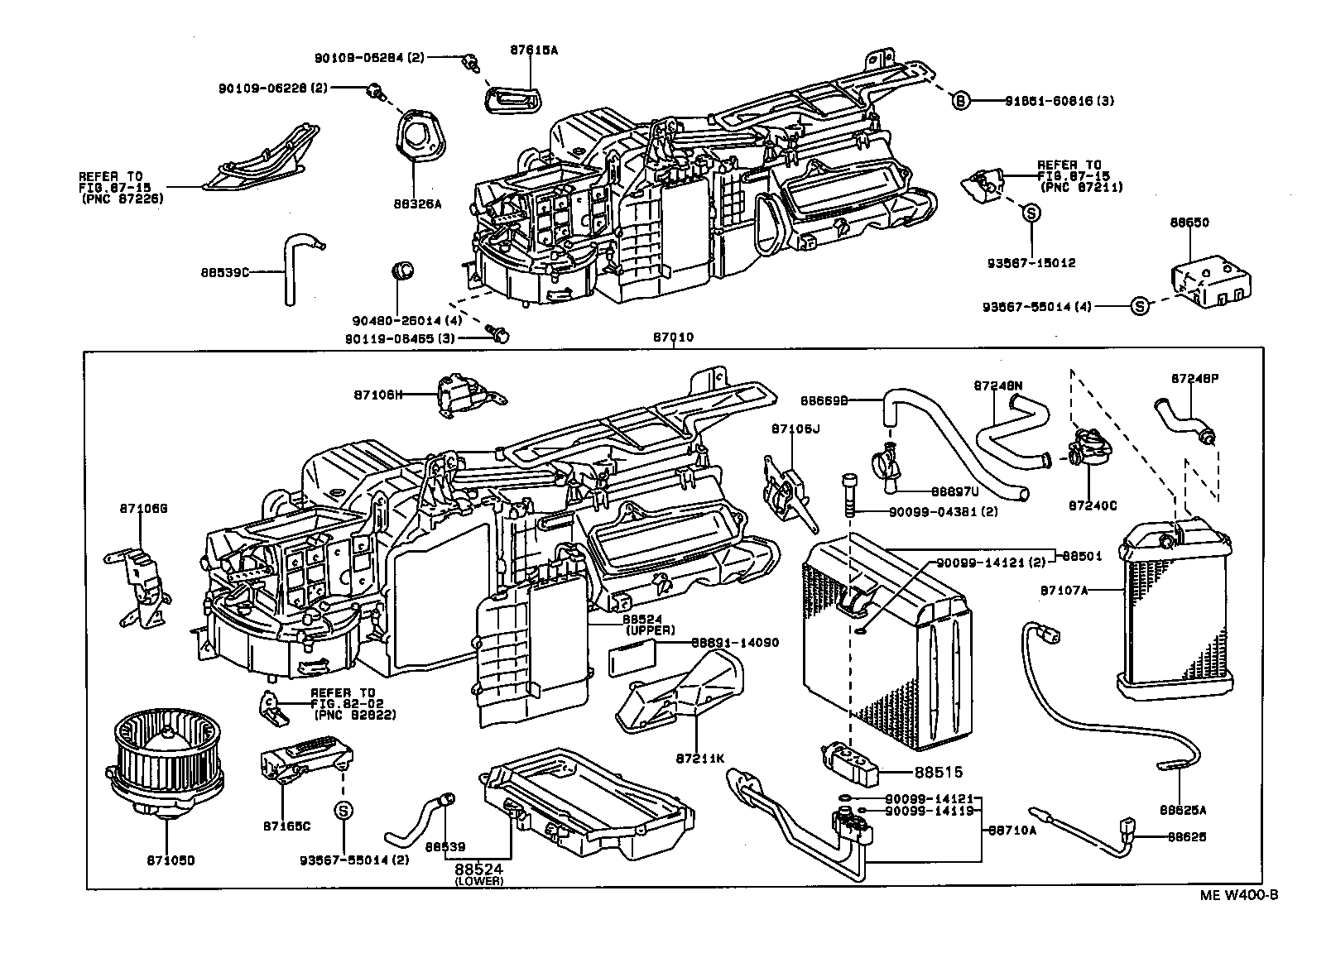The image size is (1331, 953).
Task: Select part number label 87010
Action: (x=673, y=338)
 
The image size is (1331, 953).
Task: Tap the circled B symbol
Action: (x=960, y=100)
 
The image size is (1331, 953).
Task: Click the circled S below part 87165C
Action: (x=343, y=811)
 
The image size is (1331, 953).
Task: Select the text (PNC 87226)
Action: (x=122, y=199)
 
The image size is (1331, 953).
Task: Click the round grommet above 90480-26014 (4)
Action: (x=401, y=270)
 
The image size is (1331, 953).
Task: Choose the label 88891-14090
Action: (x=735, y=642)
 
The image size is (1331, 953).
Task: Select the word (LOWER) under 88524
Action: (x=478, y=881)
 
